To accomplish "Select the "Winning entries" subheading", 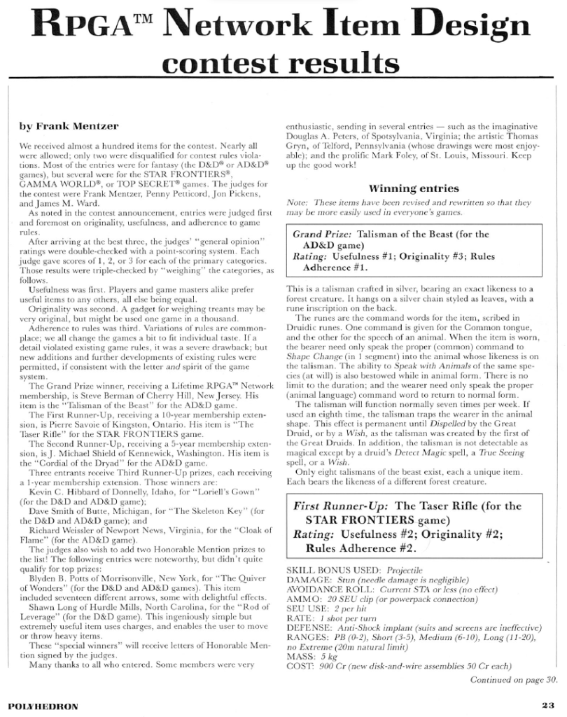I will click(414, 188).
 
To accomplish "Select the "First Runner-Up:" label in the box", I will click(345, 506).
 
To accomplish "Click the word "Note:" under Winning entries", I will click(299, 202).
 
